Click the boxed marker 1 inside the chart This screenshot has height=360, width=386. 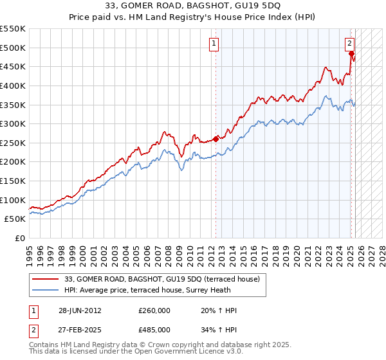tap(214, 44)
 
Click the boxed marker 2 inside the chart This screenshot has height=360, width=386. tap(349, 44)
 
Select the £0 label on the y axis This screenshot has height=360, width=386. tap(19, 238)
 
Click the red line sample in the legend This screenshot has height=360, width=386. tap(45, 279)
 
